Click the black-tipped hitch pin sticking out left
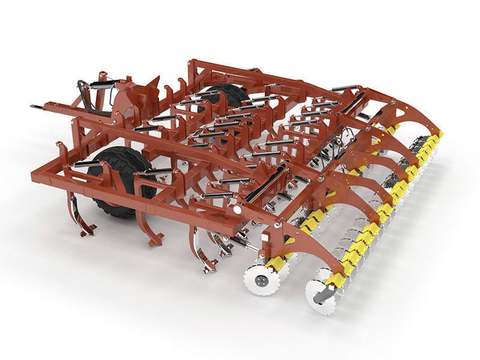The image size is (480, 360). (37, 107)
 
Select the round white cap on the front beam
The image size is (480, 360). (238, 210)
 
